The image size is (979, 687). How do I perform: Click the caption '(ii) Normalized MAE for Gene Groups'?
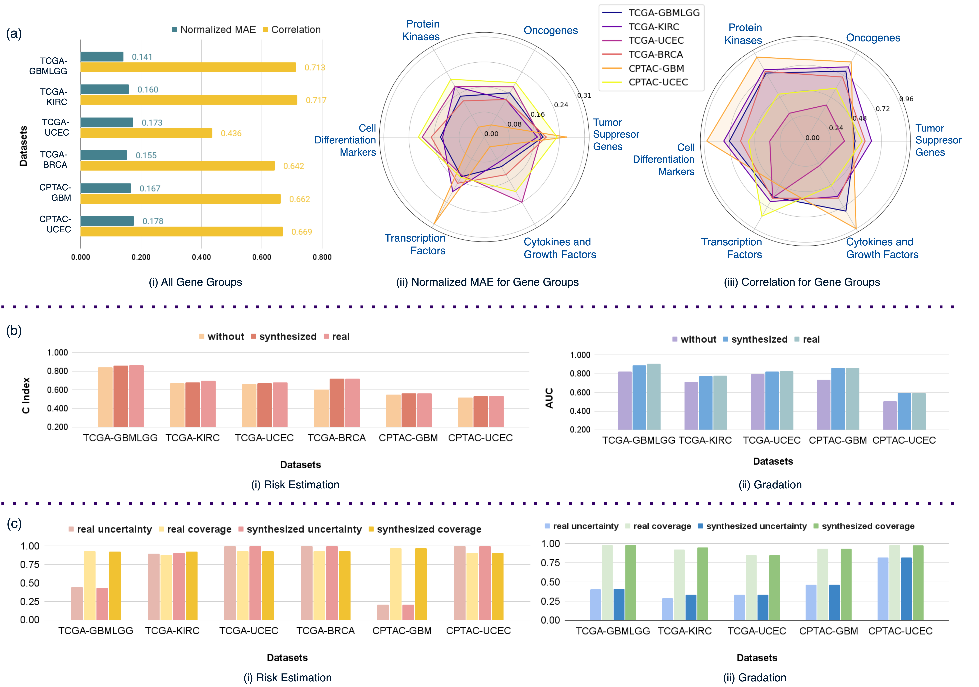point(487,282)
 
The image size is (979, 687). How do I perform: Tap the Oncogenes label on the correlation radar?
point(873,38)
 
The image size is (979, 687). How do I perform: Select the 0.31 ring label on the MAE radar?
point(584,96)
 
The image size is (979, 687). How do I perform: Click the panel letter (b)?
point(14,331)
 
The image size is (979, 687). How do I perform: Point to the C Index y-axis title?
point(26,395)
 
